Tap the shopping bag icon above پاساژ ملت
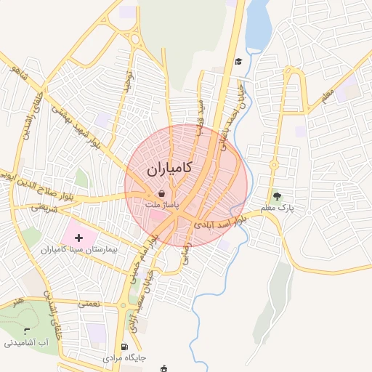click(161, 194)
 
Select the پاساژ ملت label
click(161, 206)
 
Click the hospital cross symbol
click(78, 238)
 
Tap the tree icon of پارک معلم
click(276, 195)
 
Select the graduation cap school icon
click(238, 61)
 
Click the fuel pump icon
click(126, 347)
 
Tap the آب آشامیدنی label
click(30, 341)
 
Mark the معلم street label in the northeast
click(326, 94)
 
